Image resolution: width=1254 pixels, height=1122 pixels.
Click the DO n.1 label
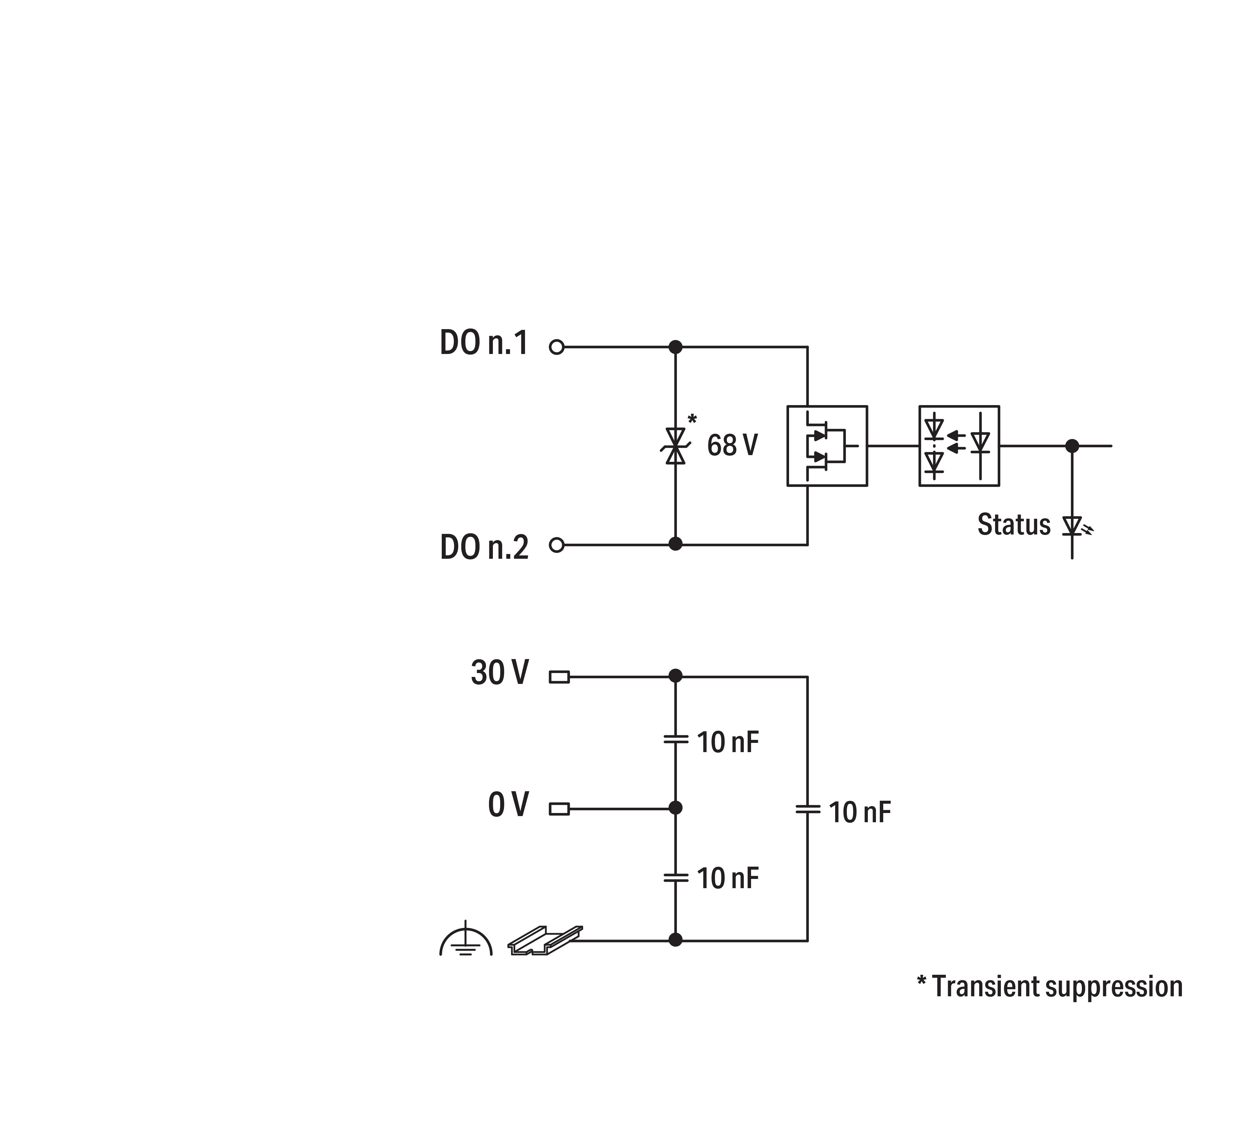484,343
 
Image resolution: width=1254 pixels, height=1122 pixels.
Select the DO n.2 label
484,547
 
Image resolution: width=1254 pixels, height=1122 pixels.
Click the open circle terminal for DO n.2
556,545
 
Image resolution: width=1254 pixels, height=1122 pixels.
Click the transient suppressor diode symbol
676,446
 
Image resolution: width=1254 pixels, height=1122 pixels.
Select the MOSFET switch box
827,446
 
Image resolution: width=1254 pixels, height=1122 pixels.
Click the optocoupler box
959,446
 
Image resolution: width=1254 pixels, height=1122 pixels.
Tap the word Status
1013,525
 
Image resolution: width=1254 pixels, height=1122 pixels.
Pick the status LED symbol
1073,526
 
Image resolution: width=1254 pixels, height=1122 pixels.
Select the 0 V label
508,805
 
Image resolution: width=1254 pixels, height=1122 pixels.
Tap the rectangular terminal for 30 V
559,677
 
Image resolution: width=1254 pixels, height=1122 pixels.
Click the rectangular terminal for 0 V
559,808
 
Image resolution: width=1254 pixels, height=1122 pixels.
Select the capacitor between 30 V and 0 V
676,738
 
